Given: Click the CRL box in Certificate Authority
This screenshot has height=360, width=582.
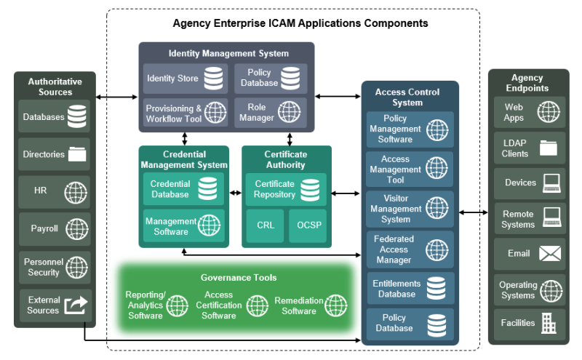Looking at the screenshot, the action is click(x=265, y=225).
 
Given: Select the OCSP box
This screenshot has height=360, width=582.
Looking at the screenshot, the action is click(x=308, y=225).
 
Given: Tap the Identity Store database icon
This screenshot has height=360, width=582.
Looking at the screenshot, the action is click(x=213, y=79).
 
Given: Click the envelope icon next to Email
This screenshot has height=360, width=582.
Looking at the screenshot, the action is click(x=550, y=254).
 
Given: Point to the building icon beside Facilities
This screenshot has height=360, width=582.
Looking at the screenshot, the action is click(x=549, y=323).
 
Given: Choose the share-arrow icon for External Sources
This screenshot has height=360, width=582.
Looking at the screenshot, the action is click(x=76, y=305).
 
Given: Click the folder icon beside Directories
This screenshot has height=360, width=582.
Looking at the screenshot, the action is click(x=77, y=154).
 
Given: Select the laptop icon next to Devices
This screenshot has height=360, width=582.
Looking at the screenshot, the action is click(x=551, y=183).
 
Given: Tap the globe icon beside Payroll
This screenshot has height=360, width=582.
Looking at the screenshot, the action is click(x=77, y=228).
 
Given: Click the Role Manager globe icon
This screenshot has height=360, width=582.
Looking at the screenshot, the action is click(x=289, y=112).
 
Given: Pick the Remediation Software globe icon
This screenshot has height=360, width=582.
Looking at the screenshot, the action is click(x=336, y=305).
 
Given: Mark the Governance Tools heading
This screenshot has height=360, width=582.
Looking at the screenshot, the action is click(x=239, y=278).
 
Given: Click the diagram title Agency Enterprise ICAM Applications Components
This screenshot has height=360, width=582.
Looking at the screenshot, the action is click(x=300, y=23).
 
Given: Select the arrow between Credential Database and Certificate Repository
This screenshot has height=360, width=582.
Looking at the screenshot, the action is click(x=235, y=193).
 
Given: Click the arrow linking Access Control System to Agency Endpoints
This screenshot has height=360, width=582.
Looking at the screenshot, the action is click(x=474, y=212).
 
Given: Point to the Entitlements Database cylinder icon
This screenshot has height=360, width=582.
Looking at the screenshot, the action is click(x=436, y=289).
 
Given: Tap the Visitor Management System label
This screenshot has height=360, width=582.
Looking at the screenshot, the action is click(x=396, y=209).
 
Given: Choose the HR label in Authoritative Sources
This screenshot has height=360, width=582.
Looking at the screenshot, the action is click(x=41, y=191).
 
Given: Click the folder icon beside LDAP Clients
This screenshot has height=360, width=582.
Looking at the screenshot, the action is click(x=549, y=148).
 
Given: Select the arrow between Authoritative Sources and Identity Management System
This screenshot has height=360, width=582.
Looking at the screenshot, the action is click(x=116, y=97).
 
